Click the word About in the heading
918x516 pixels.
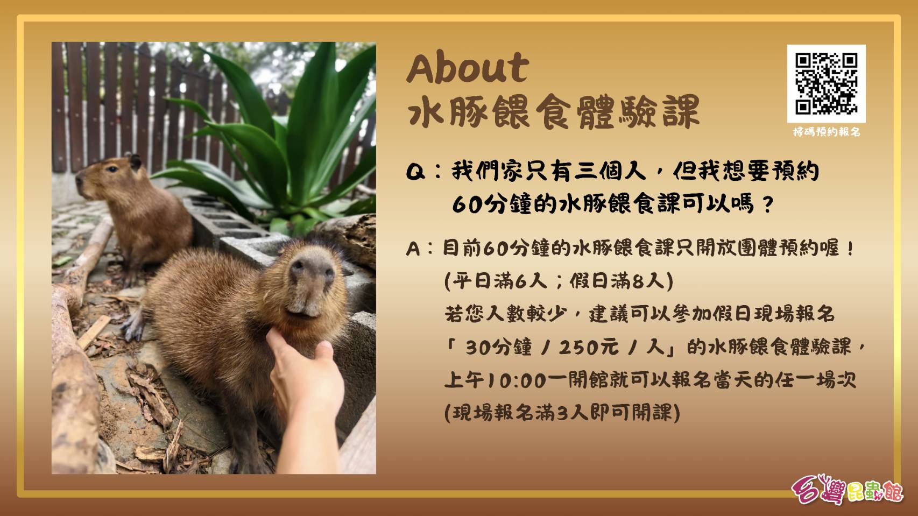pos(468,68)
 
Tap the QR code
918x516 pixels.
pos(826,83)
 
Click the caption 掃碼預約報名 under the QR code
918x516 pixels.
pos(826,132)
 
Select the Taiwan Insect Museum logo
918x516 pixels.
pos(847,489)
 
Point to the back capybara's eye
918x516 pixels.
pos(111,168)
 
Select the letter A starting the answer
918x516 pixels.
pos(413,249)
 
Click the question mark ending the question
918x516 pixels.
pos(767,204)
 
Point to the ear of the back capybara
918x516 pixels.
pos(135,161)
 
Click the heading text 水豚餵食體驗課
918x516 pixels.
pos(553,111)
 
